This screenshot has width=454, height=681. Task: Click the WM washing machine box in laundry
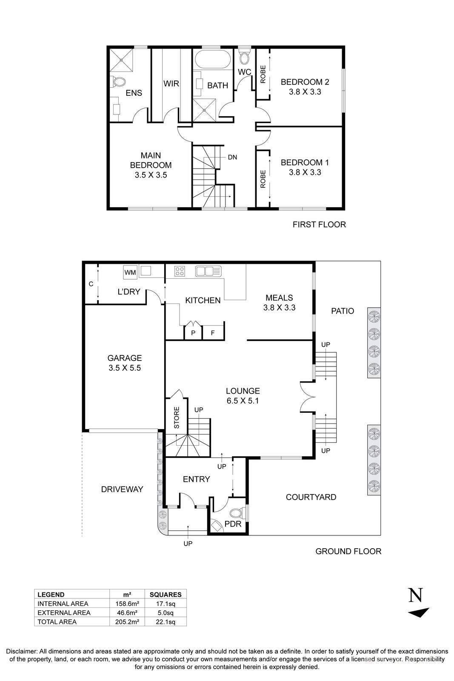130,272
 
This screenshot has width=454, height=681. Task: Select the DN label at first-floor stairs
232,157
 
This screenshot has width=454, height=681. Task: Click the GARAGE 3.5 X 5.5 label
124,363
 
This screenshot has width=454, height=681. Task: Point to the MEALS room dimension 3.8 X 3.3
279,307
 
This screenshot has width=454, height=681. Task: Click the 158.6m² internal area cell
128,604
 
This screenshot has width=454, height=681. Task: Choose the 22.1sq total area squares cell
166,622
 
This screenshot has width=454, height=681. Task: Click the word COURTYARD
311,497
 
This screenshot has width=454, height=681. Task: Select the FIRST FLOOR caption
319,224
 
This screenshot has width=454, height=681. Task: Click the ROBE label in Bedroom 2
263,74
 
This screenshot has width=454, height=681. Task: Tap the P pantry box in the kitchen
193,333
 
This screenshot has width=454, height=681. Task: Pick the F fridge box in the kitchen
213,333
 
